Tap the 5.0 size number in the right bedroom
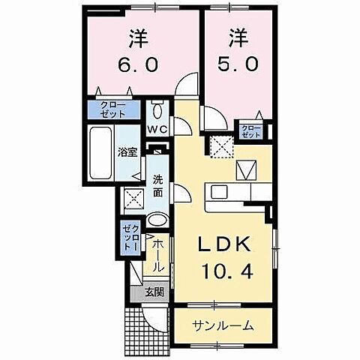(240, 65)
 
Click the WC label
(157, 129)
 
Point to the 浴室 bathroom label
(127, 152)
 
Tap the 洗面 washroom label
(158, 185)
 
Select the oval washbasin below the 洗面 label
(157, 220)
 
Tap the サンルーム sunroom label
(221, 325)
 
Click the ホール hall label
(157, 256)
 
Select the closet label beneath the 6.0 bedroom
(114, 109)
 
